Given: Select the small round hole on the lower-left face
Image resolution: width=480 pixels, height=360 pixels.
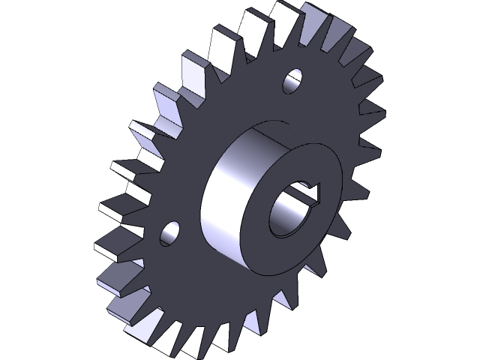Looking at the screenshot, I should pyautogui.click(x=170, y=232).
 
